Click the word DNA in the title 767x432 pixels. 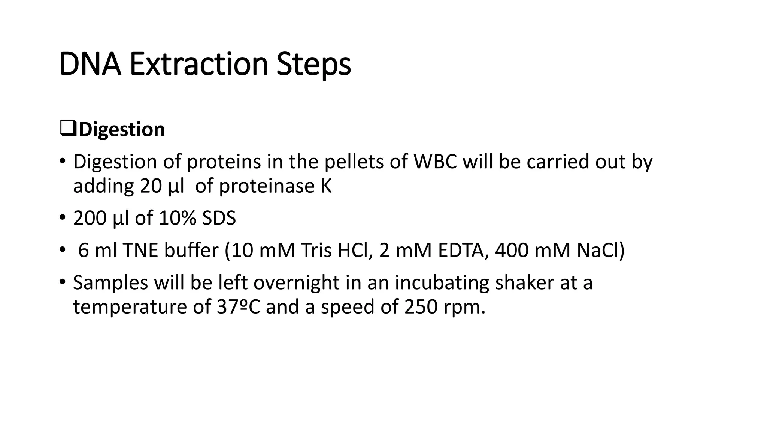pyautogui.click(x=90, y=64)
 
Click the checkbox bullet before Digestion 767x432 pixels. pyautogui.click(x=68, y=129)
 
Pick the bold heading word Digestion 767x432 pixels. pyautogui.click(x=122, y=130)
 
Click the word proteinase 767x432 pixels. pyautogui.click(x=267, y=186)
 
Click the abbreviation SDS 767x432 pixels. pyautogui.click(x=219, y=218)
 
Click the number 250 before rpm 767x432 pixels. pyautogui.click(x=421, y=307)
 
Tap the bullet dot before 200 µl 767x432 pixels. pyautogui.click(x=62, y=217)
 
